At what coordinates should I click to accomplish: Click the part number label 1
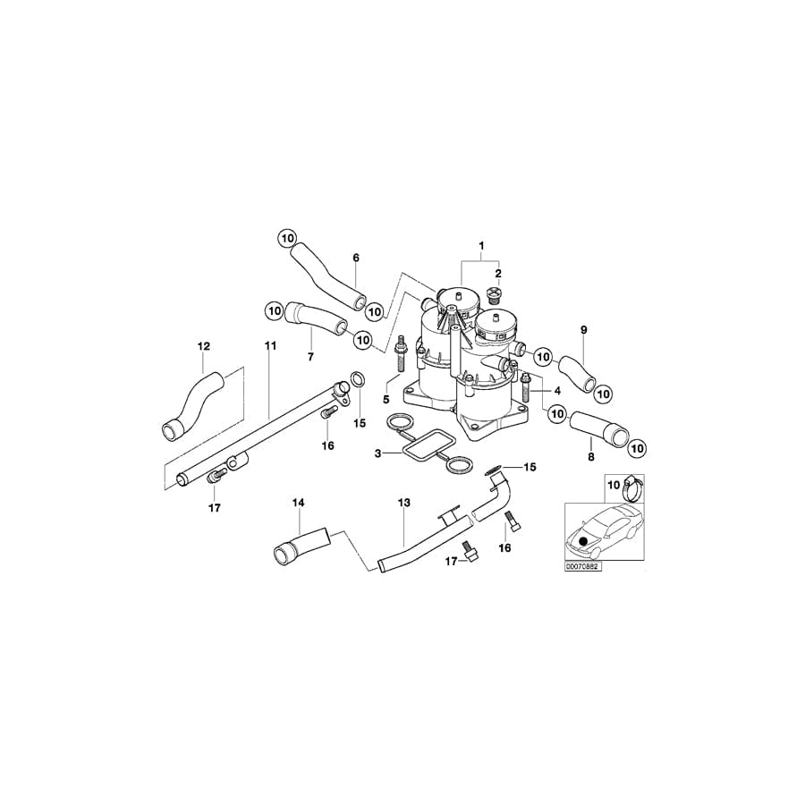click(x=480, y=245)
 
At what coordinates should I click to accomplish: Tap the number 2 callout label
click(x=498, y=274)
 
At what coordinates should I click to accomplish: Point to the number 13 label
click(x=403, y=504)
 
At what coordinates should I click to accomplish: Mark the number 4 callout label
click(x=557, y=391)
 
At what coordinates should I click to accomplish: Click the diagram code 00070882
click(x=582, y=567)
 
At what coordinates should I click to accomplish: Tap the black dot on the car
click(x=584, y=541)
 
